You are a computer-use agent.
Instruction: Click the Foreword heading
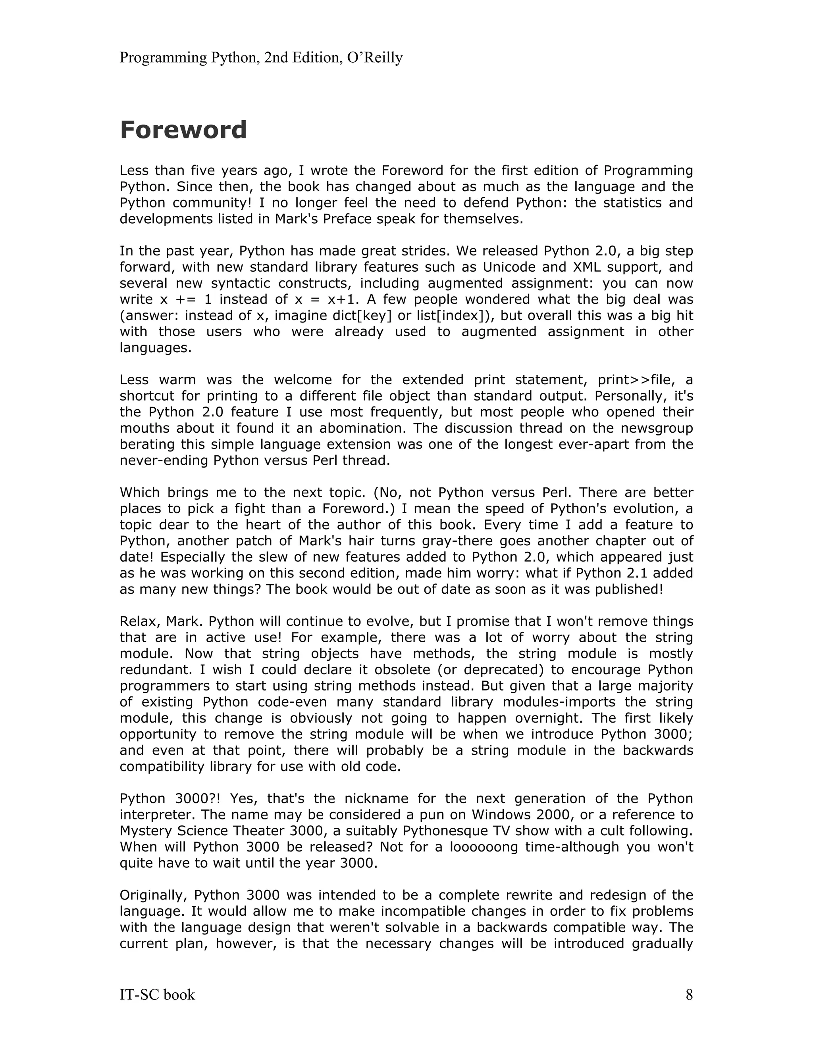[183, 130]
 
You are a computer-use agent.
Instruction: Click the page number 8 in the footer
[689, 994]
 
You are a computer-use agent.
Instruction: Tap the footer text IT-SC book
[157, 994]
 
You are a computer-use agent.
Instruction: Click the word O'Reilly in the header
[374, 58]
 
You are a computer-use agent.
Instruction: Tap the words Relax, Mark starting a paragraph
[161, 621]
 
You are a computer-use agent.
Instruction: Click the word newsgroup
[655, 428]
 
